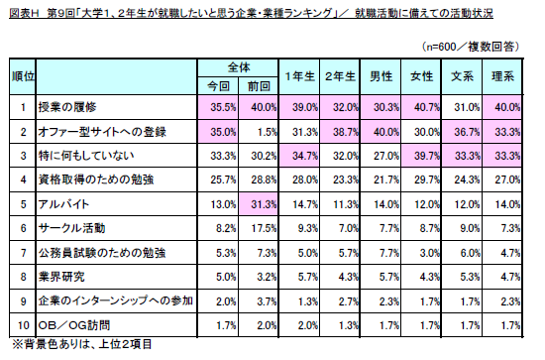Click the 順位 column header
coord(23,76)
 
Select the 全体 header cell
coord(239,67)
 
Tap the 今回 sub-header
coord(218,86)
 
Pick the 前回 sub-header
coord(259,86)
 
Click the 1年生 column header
coord(299,76)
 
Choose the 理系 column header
coord(502,76)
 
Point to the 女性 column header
coord(421,76)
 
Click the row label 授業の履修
coord(67,107)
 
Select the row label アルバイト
coord(63,204)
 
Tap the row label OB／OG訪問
coord(74,325)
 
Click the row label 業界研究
coord(61,277)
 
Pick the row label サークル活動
coord(71,228)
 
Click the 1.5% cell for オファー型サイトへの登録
coord(267,132)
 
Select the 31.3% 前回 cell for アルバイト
coord(264,204)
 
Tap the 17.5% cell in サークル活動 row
coord(264,228)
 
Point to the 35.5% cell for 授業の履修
coord(223,107)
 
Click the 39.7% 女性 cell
coord(427,156)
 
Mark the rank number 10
coord(24,325)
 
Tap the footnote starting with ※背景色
coord(82,345)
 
